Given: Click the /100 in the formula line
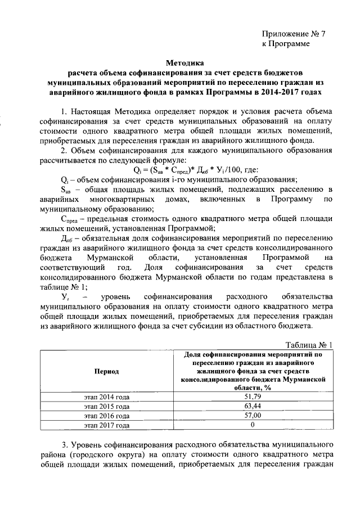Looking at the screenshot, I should pyautogui.click(x=221, y=170).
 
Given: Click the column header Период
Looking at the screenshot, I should pyautogui.click(x=107, y=372).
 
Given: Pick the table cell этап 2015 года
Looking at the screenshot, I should pyautogui.click(x=107, y=406).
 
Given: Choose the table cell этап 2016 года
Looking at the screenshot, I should pyautogui.click(x=107, y=416).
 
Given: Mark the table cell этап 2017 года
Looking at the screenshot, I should pyautogui.click(x=107, y=425).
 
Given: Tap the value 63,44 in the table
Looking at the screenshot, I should pyautogui.click(x=253, y=406).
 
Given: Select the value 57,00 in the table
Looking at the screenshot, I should pyautogui.click(x=253, y=416).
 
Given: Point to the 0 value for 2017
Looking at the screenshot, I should pyautogui.click(x=253, y=425).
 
